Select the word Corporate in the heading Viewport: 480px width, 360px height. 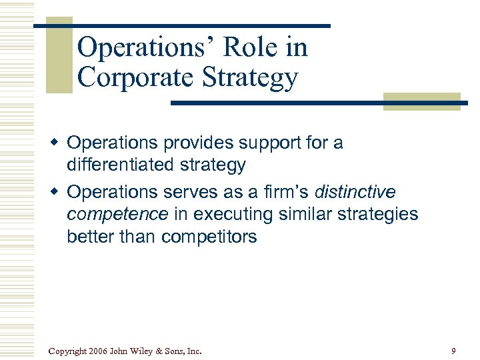pyautogui.click(x=135, y=77)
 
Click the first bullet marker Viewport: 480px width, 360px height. pyautogui.click(x=58, y=142)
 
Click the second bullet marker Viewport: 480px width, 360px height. pyautogui.click(x=58, y=193)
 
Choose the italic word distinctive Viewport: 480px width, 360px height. pyautogui.click(x=355, y=193)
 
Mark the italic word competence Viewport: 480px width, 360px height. pyautogui.click(x=117, y=215)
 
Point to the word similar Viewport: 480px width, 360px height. pyautogui.click(x=314, y=215)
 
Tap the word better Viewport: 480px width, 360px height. pyautogui.click(x=90, y=237)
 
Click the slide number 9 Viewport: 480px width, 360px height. pyautogui.click(x=453, y=351)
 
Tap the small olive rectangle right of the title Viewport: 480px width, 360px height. pyautogui.click(x=421, y=101)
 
